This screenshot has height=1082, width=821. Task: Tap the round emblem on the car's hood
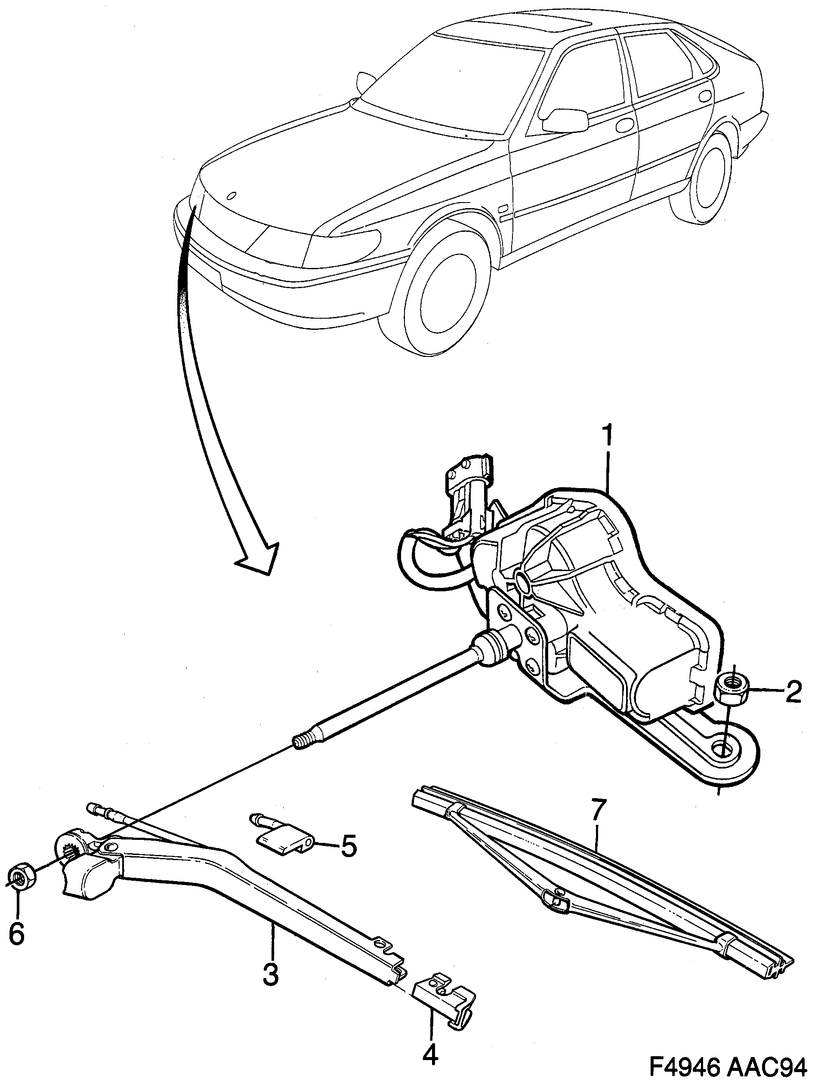click(232, 196)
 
